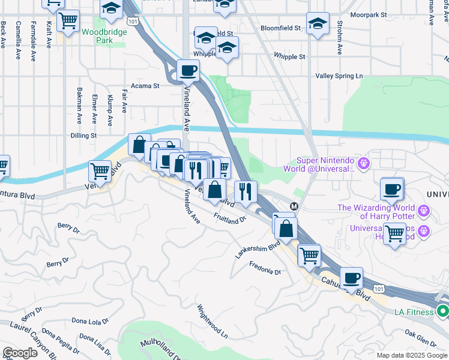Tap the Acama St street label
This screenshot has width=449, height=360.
(x=145, y=86)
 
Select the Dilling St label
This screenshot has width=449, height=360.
(x=83, y=136)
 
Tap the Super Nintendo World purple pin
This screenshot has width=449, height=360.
(x=363, y=163)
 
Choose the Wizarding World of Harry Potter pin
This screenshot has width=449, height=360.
(x=424, y=211)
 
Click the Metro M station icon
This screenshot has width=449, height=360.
(x=294, y=206)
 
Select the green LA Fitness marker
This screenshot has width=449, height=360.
(x=442, y=311)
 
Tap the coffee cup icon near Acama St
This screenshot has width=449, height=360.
(x=188, y=71)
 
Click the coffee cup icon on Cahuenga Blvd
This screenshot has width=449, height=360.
(x=352, y=278)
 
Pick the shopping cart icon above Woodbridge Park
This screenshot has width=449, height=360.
(x=68, y=20)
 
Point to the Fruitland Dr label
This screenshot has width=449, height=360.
(x=229, y=217)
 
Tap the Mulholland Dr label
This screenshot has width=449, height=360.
(x=162, y=349)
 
